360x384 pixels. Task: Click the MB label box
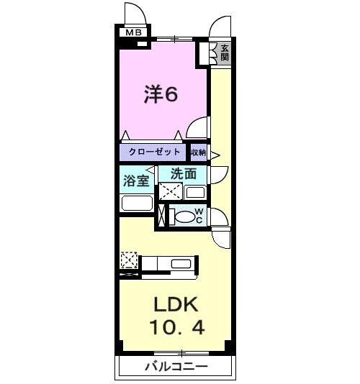tap(133, 32)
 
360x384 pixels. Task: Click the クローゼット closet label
tap(153, 152)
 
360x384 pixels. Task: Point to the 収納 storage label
tap(199, 152)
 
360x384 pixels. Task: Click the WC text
tap(198, 216)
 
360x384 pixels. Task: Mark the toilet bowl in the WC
tap(184, 216)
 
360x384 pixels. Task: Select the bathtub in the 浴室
tap(136, 203)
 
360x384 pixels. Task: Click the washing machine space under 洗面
tap(170, 192)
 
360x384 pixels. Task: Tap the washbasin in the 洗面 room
tap(195, 192)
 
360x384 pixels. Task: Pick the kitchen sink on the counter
tap(181, 264)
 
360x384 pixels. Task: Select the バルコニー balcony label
tap(177, 367)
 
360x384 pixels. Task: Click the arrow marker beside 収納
tap(214, 152)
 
